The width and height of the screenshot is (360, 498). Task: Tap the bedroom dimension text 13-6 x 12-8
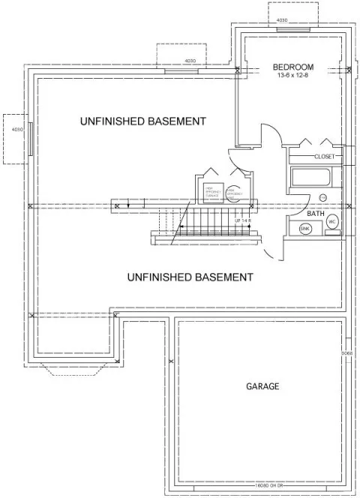point(293,76)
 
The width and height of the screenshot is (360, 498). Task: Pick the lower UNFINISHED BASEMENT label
point(190,277)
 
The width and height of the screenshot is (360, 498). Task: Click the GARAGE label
point(262,387)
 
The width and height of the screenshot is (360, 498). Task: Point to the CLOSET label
point(324,157)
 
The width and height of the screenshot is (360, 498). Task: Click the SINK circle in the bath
point(305,229)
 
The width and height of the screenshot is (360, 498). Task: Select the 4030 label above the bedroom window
point(282,20)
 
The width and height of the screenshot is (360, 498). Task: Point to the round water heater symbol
point(234,191)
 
